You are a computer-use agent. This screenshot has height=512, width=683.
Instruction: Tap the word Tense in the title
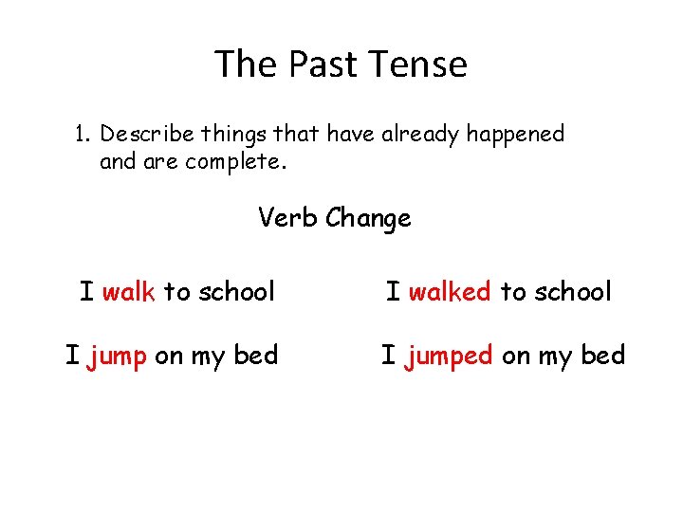point(420,65)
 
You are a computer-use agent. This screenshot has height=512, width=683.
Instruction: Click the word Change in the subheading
point(369,219)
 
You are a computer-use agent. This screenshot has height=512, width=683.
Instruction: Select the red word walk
point(128,291)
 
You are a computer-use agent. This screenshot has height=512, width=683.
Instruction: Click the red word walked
point(450,291)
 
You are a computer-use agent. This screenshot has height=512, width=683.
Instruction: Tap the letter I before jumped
point(388,356)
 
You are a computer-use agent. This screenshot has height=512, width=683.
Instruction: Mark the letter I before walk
point(86,291)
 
